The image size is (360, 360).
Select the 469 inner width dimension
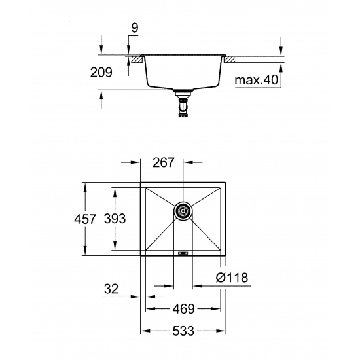[x=181, y=308]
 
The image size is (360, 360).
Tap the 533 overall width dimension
[x=182, y=331]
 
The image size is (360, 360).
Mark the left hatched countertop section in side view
[x=135, y=60]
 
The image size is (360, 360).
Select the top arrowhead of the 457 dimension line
[x=86, y=184]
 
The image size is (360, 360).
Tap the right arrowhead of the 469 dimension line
[x=219, y=308]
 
